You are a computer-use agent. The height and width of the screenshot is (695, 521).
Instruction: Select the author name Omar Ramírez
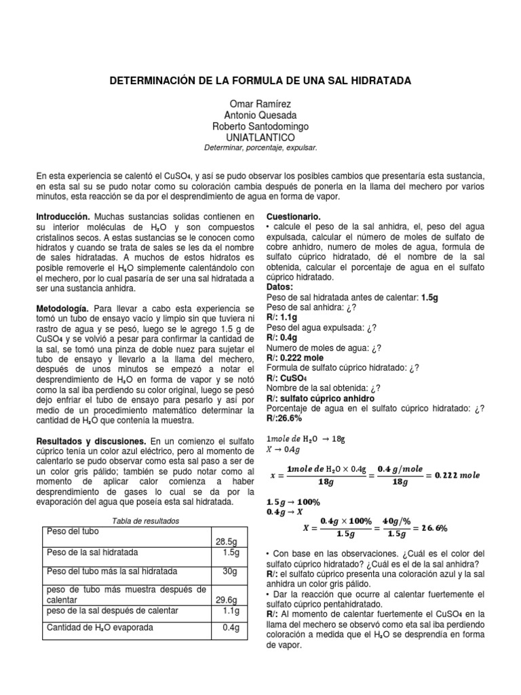[x=260, y=105]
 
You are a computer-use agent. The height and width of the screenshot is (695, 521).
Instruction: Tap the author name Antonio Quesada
[x=260, y=115]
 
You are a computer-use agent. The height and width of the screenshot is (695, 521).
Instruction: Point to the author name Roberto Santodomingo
[x=260, y=126]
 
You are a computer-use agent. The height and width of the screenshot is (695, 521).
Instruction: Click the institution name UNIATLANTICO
[x=260, y=137]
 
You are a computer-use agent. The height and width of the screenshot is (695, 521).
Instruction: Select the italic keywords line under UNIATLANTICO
[x=260, y=147]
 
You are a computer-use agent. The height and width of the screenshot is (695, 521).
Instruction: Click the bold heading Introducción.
[x=63, y=216]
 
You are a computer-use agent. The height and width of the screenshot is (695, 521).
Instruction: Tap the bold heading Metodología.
[x=63, y=308]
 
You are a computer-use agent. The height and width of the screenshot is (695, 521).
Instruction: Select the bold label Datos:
[x=280, y=287]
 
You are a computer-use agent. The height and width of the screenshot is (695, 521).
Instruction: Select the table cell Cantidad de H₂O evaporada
[x=100, y=627]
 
